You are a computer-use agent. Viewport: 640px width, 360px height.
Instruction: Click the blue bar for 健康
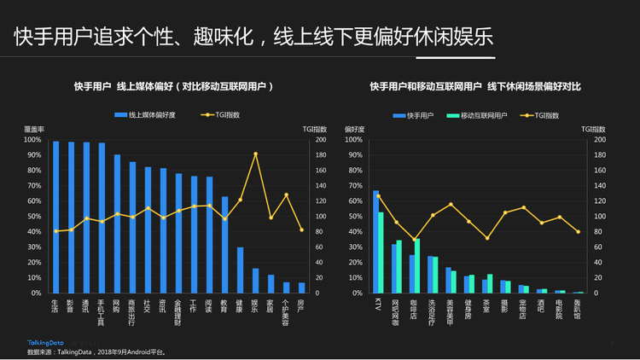(x=240, y=270)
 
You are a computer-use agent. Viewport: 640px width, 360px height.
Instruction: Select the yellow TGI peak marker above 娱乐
(x=255, y=154)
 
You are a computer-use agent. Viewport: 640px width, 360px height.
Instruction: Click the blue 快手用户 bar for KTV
(x=375, y=241)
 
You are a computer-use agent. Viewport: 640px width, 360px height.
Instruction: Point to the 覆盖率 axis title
(x=33, y=128)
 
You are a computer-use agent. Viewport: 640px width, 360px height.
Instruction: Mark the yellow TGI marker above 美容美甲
(x=451, y=205)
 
